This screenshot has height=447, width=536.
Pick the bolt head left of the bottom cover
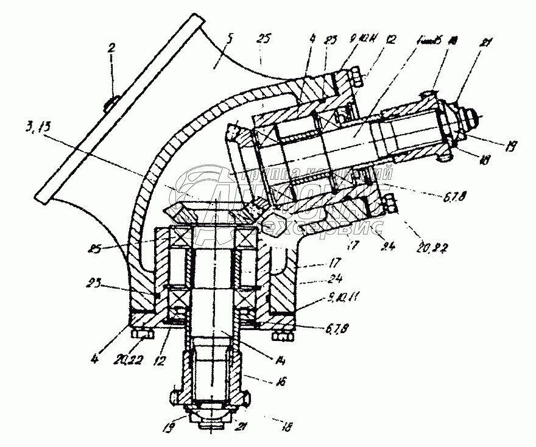click(x=141, y=334)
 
